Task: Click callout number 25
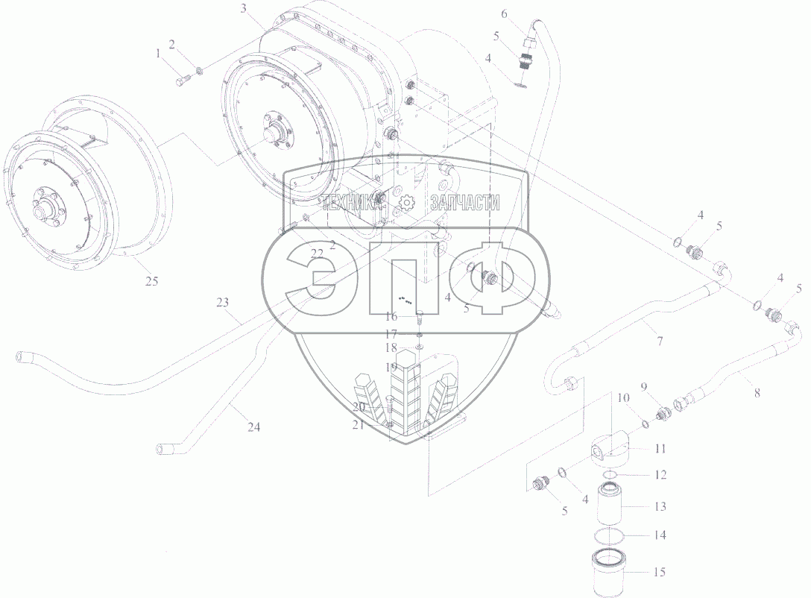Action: (x=151, y=281)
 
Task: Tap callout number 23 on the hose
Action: (x=222, y=302)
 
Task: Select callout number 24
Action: (x=253, y=427)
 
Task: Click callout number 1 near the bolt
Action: (x=158, y=53)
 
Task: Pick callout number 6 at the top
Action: (x=504, y=14)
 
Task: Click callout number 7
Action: (x=660, y=342)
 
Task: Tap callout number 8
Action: (x=757, y=393)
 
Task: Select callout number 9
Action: (x=644, y=386)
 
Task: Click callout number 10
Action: (x=623, y=398)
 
